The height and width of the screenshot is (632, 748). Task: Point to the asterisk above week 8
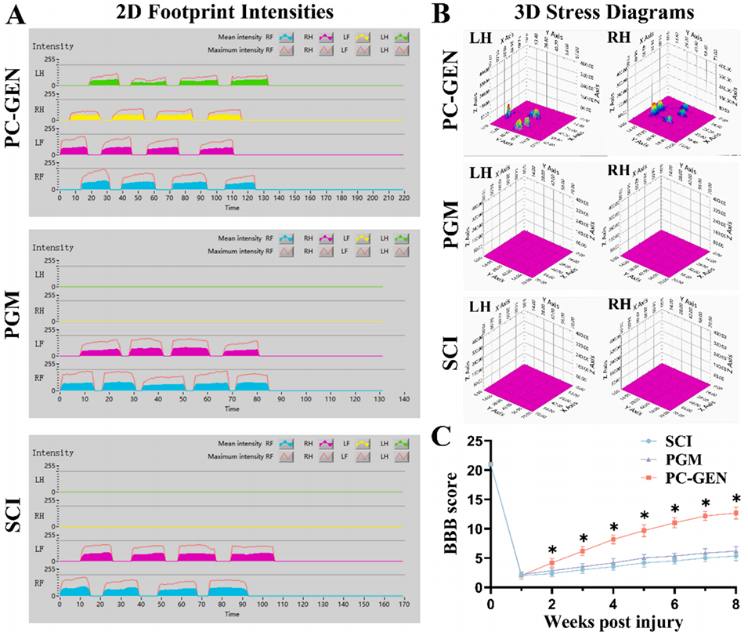pyautogui.click(x=735, y=499)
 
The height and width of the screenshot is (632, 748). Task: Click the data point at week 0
pyautogui.click(x=490, y=466)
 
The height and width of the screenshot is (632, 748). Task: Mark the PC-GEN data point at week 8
pyautogui.click(x=735, y=514)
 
